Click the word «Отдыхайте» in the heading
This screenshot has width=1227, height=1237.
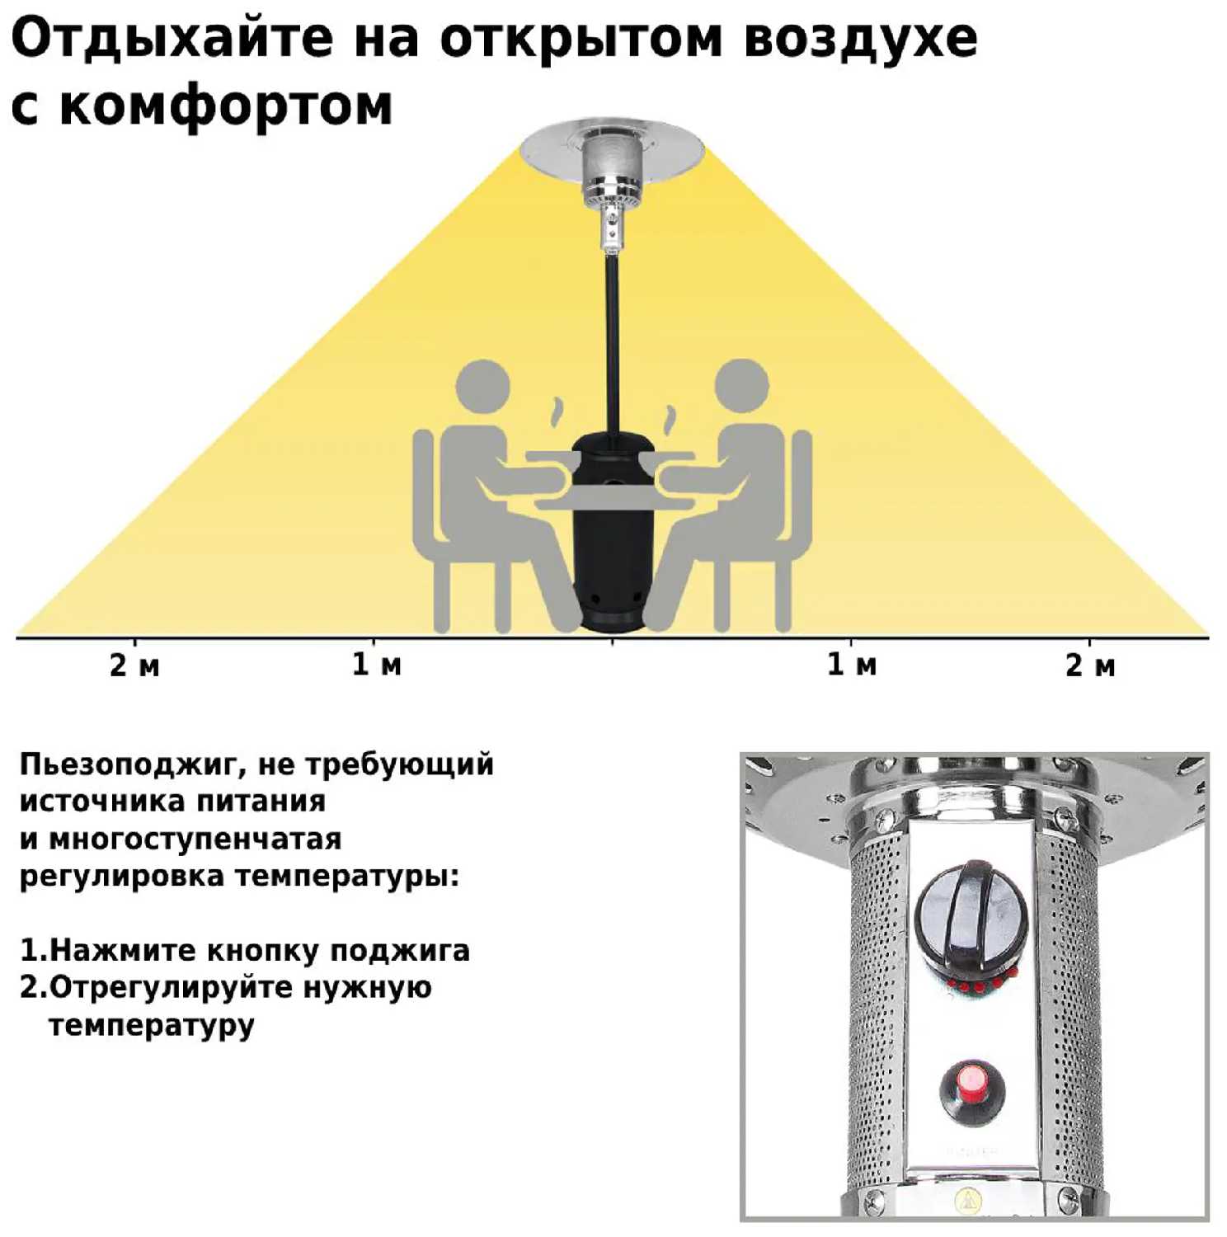pos(172,39)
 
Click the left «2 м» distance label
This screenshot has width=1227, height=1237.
pos(134,665)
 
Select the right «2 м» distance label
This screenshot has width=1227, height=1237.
pos(1090,665)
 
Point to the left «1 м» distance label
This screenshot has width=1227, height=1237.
pos(377,664)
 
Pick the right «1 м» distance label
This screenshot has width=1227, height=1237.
pos(852,664)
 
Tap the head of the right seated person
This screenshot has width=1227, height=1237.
pos(742,386)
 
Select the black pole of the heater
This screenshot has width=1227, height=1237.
pos(613,346)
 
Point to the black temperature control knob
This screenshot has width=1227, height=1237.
pos(971,917)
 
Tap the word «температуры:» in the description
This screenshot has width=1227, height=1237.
pos(347,877)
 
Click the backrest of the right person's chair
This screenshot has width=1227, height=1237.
pos(802,487)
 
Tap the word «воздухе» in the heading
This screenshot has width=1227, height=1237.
pos(860,39)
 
